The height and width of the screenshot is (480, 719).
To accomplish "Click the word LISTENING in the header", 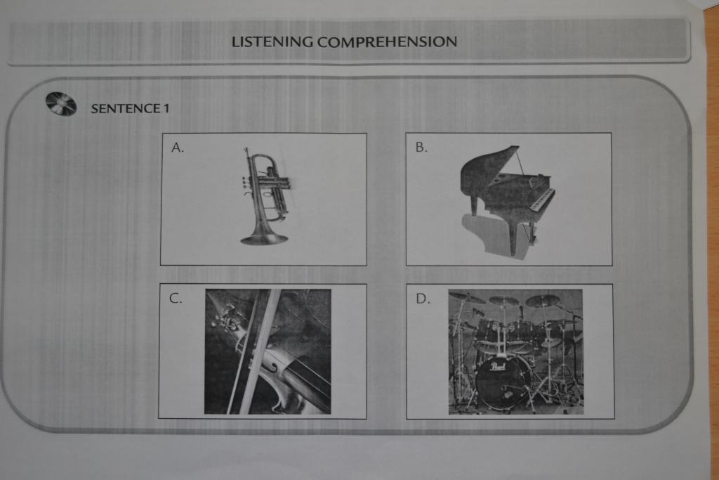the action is (272, 41).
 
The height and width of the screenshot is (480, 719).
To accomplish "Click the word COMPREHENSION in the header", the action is (387, 41).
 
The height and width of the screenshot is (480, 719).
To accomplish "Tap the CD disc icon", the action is (61, 104).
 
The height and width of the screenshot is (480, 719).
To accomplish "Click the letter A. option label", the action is (178, 148).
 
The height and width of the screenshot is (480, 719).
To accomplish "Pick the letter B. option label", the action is (421, 148).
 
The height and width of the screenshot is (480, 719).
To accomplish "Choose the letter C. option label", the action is (176, 298).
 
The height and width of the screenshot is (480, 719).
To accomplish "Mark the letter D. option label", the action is (423, 299).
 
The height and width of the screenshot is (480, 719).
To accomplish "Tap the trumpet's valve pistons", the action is (266, 183).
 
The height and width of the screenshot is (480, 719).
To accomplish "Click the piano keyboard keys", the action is (542, 200).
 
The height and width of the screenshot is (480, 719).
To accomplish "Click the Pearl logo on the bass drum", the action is (498, 367).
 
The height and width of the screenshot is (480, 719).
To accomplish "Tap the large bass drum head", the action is (503, 382).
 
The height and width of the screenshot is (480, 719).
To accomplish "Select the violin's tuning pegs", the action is (225, 318).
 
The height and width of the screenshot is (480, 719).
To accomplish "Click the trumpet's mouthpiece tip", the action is (246, 150).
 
